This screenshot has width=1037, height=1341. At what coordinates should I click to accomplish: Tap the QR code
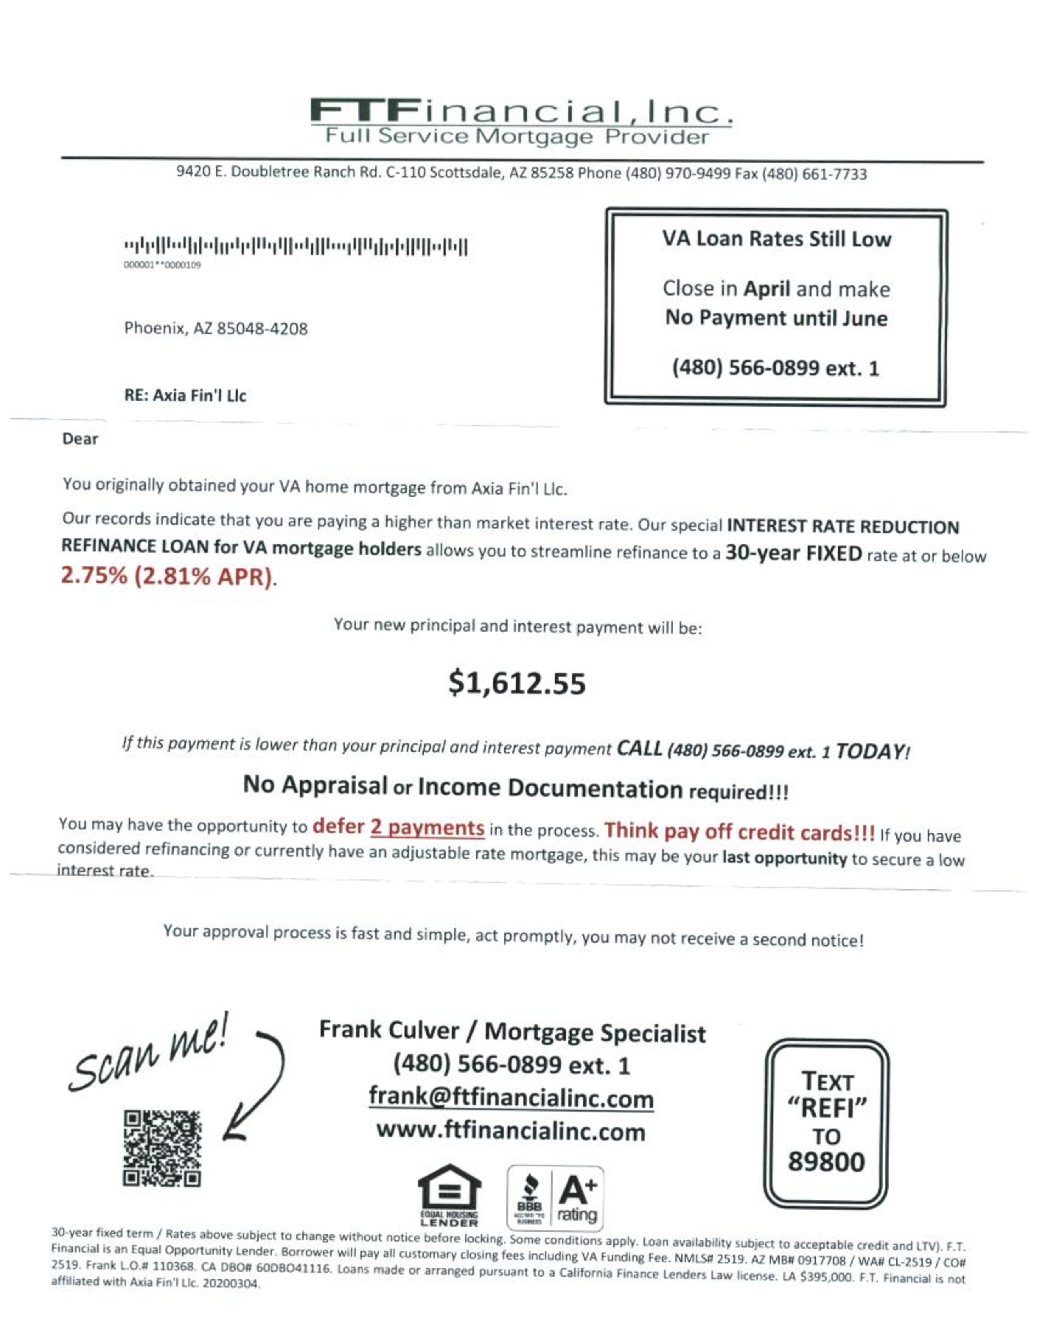[x=162, y=1148]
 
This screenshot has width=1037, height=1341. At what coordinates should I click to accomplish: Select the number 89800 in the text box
[x=826, y=1162]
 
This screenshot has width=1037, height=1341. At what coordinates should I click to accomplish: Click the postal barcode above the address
[x=296, y=247]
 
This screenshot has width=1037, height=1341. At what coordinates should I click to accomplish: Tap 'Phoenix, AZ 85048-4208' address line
[x=216, y=328]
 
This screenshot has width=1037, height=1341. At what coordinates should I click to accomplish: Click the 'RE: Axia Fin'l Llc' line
[x=185, y=395]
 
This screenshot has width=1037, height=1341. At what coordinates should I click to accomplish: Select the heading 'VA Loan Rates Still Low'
[x=776, y=239]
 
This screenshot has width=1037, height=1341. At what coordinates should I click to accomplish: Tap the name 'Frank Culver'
[x=389, y=1030]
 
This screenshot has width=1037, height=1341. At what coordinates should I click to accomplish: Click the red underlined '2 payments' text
[x=427, y=828]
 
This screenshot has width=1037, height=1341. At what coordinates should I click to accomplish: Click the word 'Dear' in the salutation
[x=80, y=439]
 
